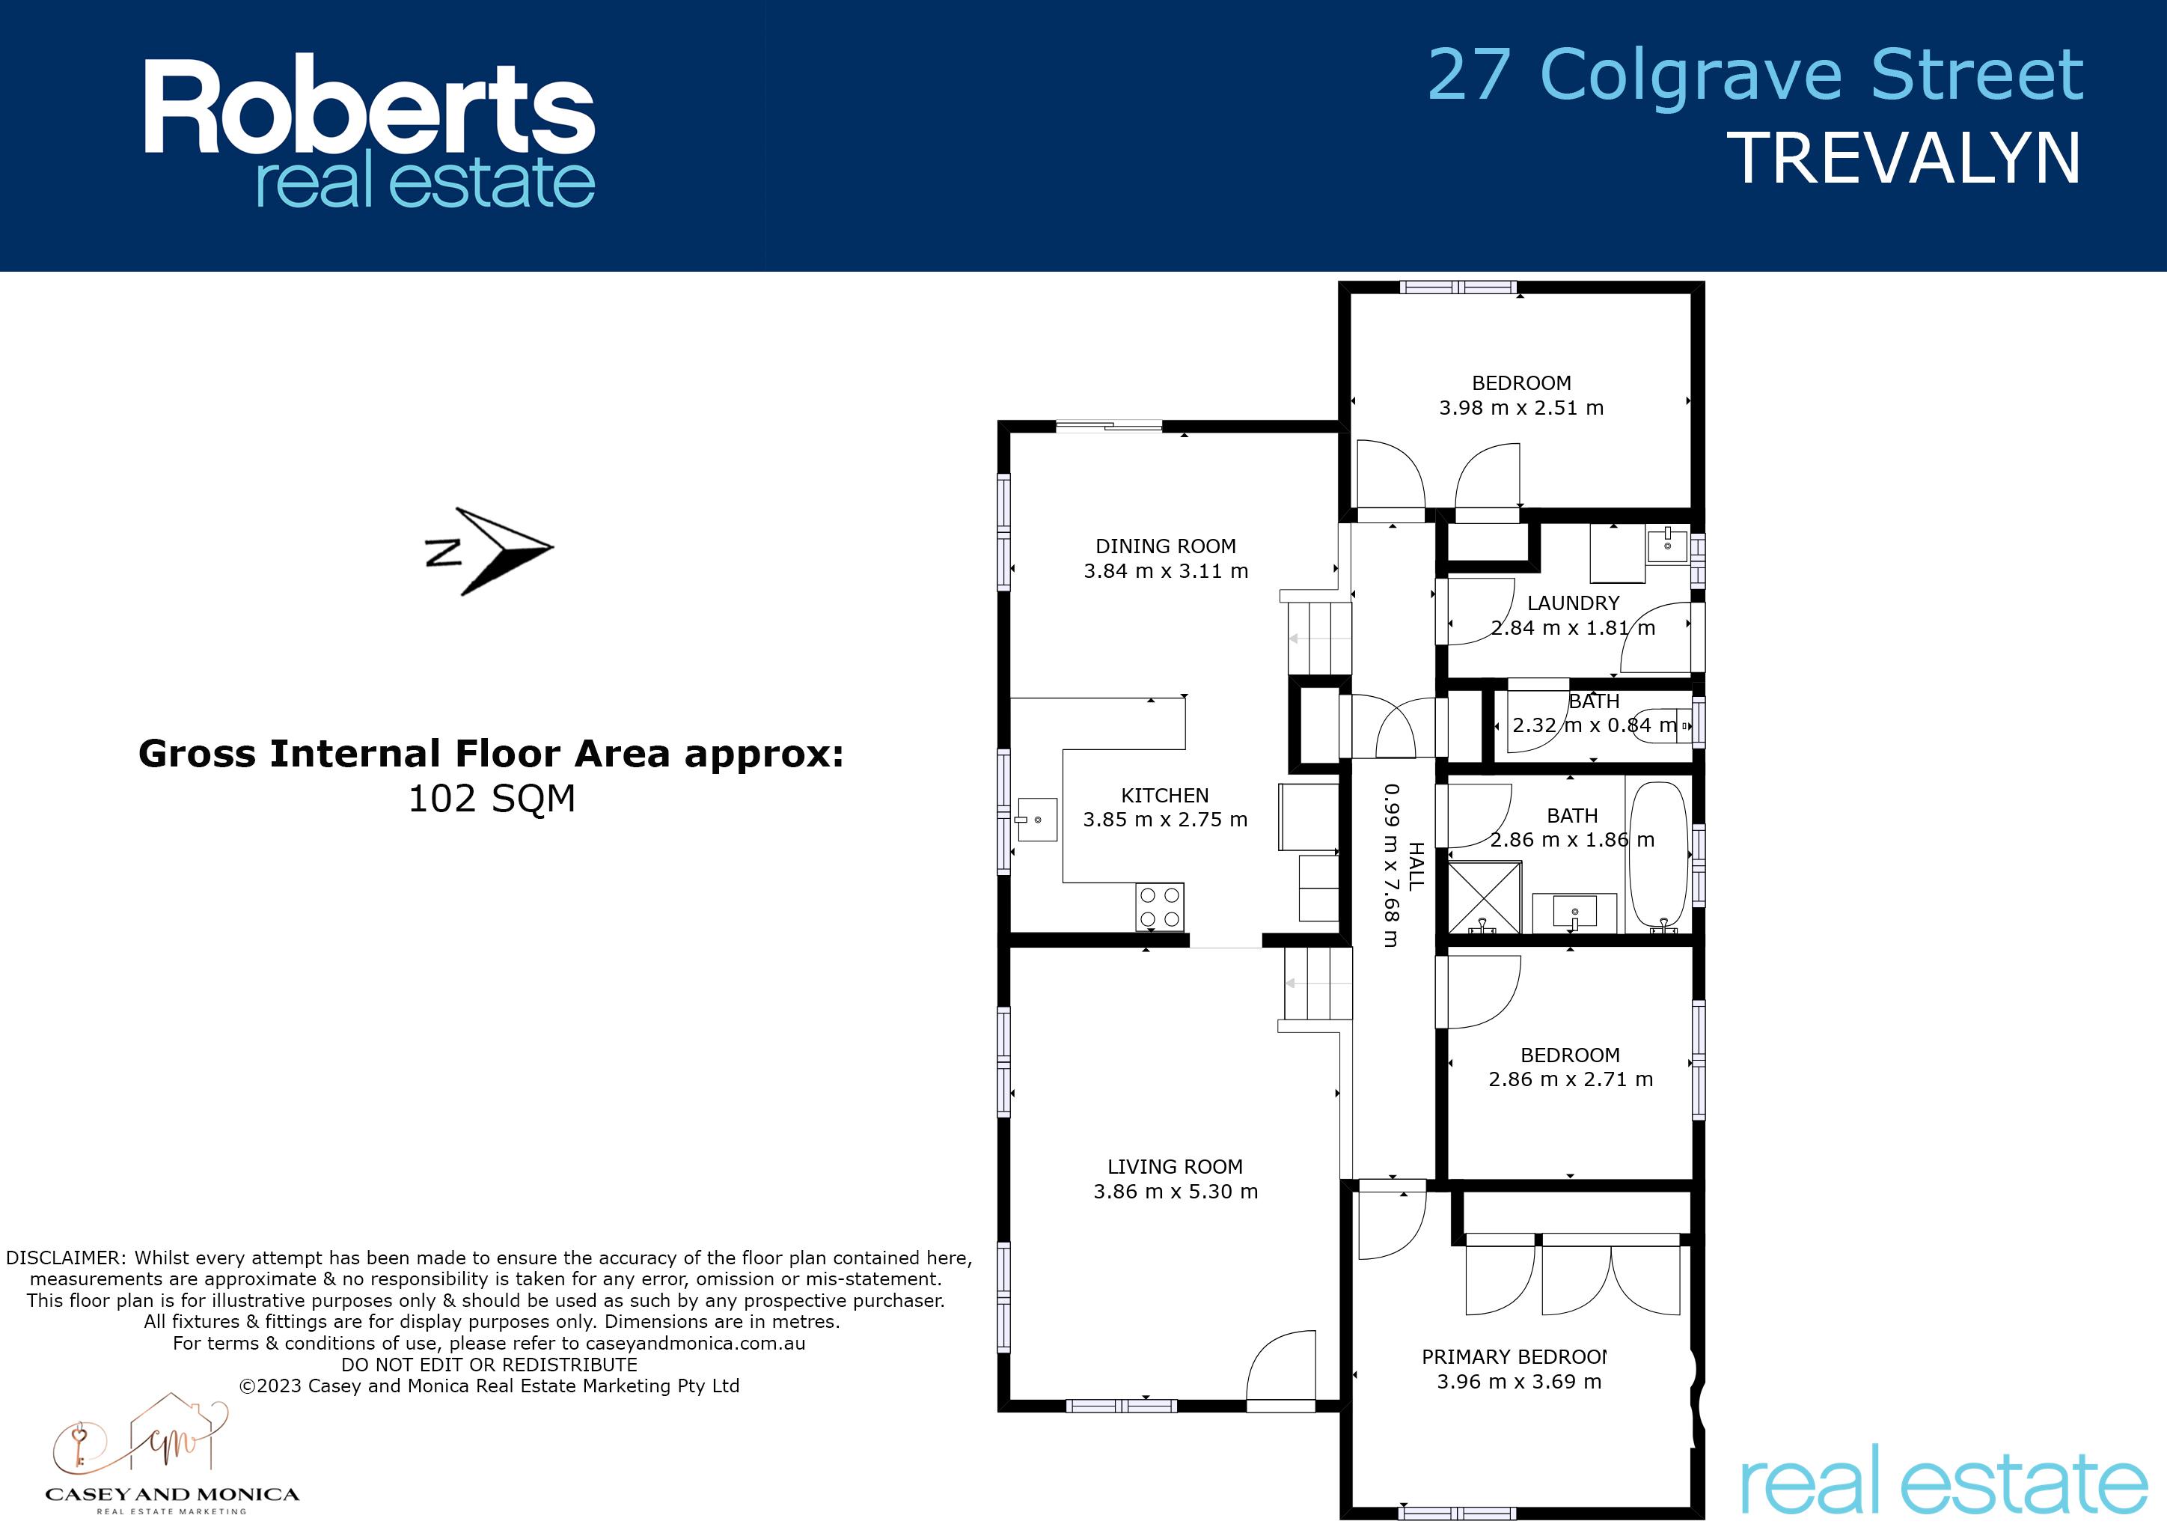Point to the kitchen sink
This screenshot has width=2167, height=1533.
[1036, 820]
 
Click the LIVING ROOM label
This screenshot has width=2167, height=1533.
[1175, 1167]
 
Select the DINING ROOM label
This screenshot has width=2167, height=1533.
[1166, 546]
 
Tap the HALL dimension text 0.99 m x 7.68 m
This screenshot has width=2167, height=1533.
[1391, 865]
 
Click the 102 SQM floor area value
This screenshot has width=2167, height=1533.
[492, 799]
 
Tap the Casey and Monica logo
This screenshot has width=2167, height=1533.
[172, 1454]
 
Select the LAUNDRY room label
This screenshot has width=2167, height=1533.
[1574, 603]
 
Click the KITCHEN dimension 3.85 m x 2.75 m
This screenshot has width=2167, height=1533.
[1166, 820]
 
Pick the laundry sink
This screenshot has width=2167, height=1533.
[1668, 545]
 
